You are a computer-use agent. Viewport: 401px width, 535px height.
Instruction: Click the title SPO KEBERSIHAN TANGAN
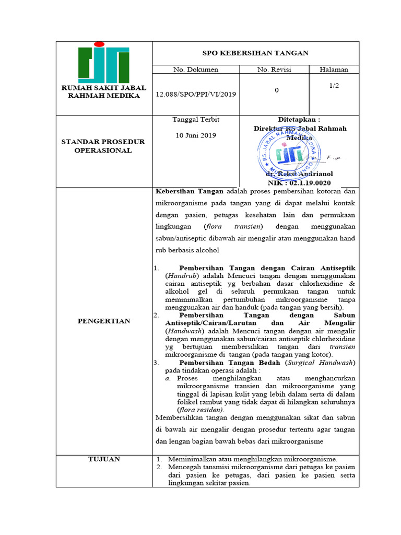(255, 53)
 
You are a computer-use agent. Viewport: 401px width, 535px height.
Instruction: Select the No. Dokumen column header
(195, 69)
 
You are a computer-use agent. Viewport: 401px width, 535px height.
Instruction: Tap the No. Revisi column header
(274, 69)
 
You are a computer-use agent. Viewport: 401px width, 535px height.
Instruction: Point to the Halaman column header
(334, 69)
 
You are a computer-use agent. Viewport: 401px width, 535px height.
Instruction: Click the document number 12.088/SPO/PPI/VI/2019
(196, 94)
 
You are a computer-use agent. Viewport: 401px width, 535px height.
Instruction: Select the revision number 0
(276, 90)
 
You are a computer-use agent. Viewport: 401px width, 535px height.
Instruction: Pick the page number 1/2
(334, 85)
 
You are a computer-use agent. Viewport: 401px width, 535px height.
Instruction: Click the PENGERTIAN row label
(103, 321)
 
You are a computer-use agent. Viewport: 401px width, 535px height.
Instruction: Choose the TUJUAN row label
(103, 459)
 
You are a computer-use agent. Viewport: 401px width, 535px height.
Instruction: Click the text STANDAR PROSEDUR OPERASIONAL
(103, 146)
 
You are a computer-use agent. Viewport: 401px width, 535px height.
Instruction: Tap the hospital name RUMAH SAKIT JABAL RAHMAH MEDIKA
(103, 91)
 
